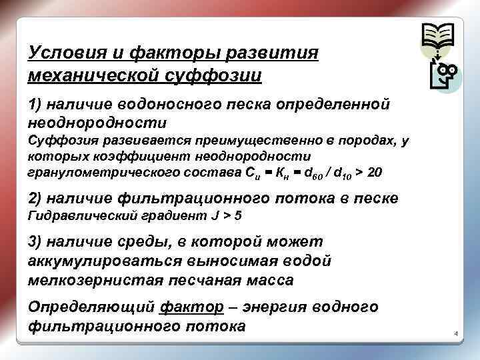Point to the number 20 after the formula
tap(375, 173)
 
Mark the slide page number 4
tap(457, 333)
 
